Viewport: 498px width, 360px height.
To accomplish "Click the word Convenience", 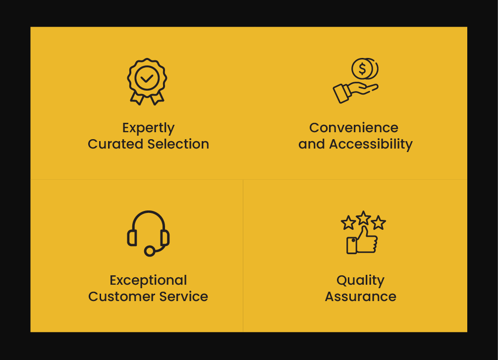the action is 354,128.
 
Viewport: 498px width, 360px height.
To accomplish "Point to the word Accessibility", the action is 371,145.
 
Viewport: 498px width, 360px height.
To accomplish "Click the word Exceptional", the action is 148,281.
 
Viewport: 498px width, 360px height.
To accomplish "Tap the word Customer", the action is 121,297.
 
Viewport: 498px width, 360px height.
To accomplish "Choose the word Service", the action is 183,297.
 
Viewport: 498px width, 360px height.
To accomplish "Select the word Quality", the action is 360,281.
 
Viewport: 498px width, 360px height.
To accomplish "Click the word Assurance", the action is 360,297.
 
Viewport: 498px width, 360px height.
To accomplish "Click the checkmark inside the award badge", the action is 147,78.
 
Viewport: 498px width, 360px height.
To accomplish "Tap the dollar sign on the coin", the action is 362,69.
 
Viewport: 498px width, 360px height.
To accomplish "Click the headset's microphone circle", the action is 150,251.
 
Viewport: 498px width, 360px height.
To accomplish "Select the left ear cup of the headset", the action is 132,238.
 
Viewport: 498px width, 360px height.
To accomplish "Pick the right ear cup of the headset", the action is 165,238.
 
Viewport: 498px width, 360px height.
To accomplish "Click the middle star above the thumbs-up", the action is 363,218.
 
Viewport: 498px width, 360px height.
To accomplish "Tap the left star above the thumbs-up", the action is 348,222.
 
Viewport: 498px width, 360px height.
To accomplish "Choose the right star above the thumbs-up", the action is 379,222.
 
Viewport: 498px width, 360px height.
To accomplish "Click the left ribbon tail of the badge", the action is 137,99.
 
